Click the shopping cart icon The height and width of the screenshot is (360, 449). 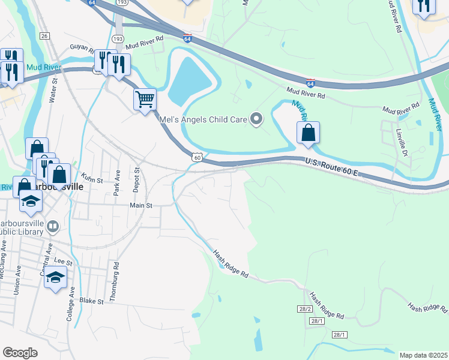(x=145, y=99)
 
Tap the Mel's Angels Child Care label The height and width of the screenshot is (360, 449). (x=203, y=119)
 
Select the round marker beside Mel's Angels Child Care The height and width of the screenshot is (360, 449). (x=256, y=119)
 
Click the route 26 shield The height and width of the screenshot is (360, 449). (x=44, y=36)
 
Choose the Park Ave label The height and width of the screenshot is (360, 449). (x=118, y=182)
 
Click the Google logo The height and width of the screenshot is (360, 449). (x=20, y=353)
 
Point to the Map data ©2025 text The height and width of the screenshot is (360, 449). (x=423, y=355)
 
